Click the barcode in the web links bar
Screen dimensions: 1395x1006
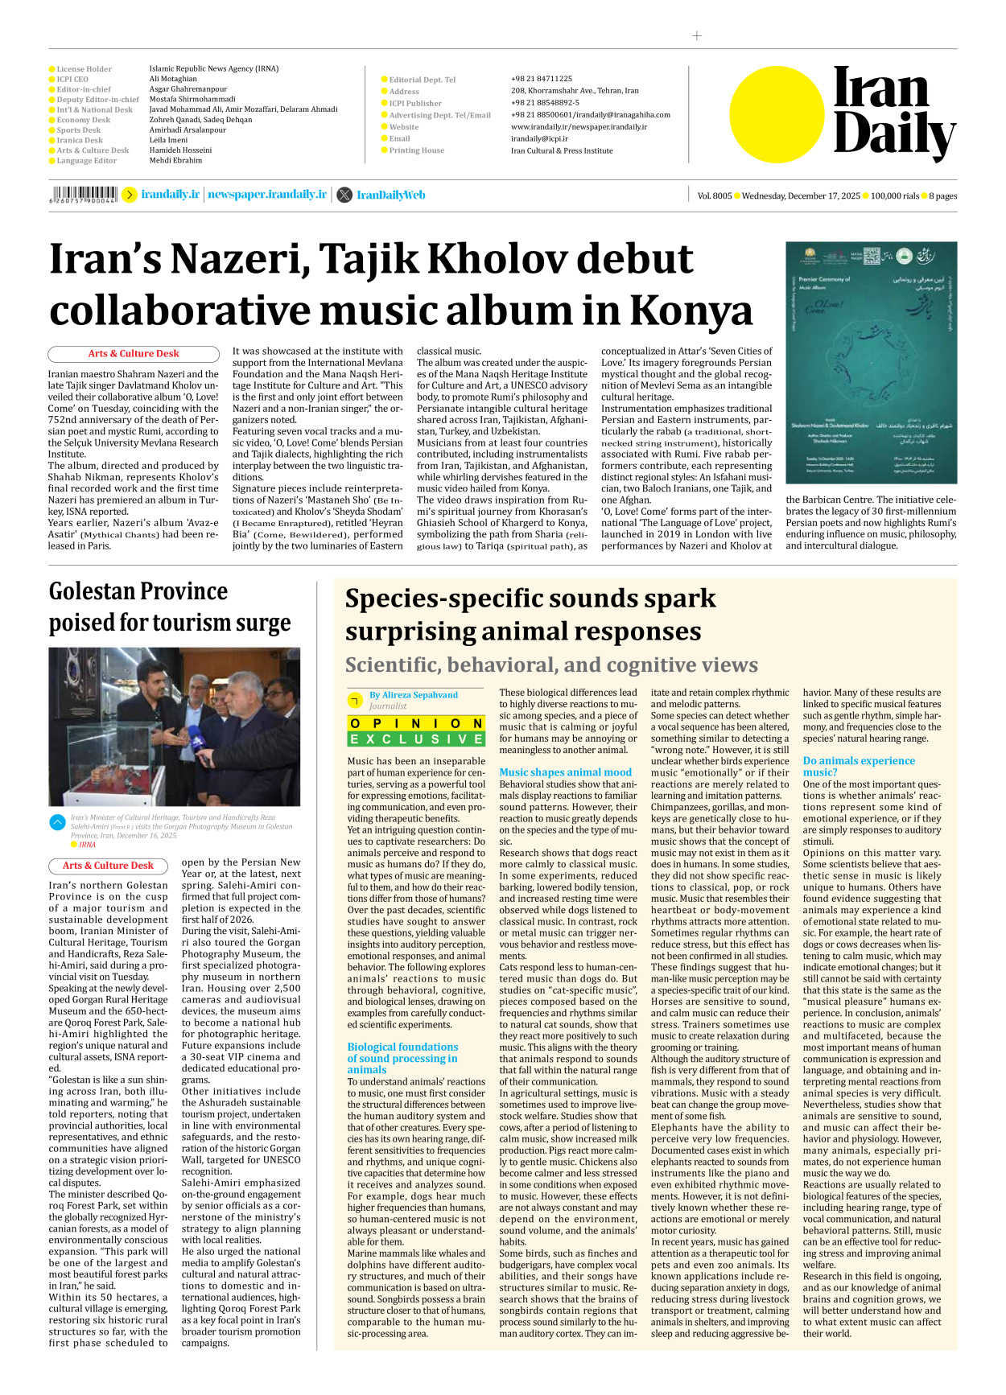click(84, 194)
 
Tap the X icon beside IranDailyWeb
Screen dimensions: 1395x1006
click(344, 195)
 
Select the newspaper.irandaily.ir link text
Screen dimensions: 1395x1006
click(267, 195)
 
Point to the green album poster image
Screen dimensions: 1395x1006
click(871, 362)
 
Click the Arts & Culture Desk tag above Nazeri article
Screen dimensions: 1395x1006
click(134, 354)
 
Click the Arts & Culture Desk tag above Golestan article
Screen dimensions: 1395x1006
click(109, 866)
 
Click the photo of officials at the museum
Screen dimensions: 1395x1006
click(174, 726)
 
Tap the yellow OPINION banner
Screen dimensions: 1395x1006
click(416, 723)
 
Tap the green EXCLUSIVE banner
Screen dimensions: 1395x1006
click(416, 739)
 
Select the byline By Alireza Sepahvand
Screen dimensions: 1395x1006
click(414, 695)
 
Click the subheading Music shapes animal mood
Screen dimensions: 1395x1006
click(565, 772)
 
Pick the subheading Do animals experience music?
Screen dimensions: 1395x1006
click(858, 766)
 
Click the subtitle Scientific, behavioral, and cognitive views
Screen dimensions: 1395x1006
click(551, 665)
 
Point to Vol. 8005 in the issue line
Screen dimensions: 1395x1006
click(714, 195)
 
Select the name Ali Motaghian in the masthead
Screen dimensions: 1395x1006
click(173, 79)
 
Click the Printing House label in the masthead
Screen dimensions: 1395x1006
click(416, 150)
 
